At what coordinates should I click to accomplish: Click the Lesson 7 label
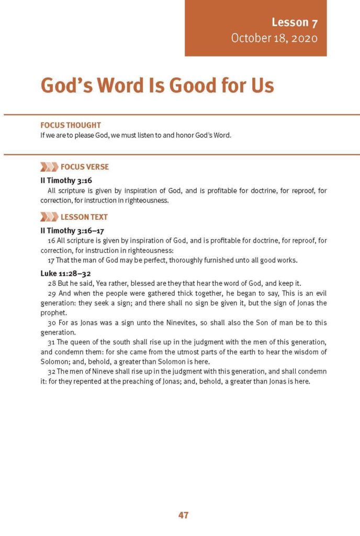[x=295, y=22]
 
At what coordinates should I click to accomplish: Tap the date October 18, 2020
[x=274, y=38]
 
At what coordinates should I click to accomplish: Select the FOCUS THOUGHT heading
[x=71, y=126]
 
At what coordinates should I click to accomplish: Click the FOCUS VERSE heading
[x=85, y=167]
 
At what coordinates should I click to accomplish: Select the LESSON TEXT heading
[x=84, y=217]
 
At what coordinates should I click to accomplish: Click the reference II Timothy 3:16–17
[x=66, y=230]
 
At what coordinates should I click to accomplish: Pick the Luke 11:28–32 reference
[x=62, y=273]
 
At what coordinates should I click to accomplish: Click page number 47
[x=183, y=515]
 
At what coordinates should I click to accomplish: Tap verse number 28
[x=51, y=283]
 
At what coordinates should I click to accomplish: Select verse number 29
[x=51, y=293]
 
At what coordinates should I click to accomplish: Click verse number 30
[x=51, y=322]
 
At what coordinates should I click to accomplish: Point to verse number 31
[x=51, y=342]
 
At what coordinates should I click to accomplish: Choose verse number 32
[x=51, y=372]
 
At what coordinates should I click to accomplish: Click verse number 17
[x=51, y=260]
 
